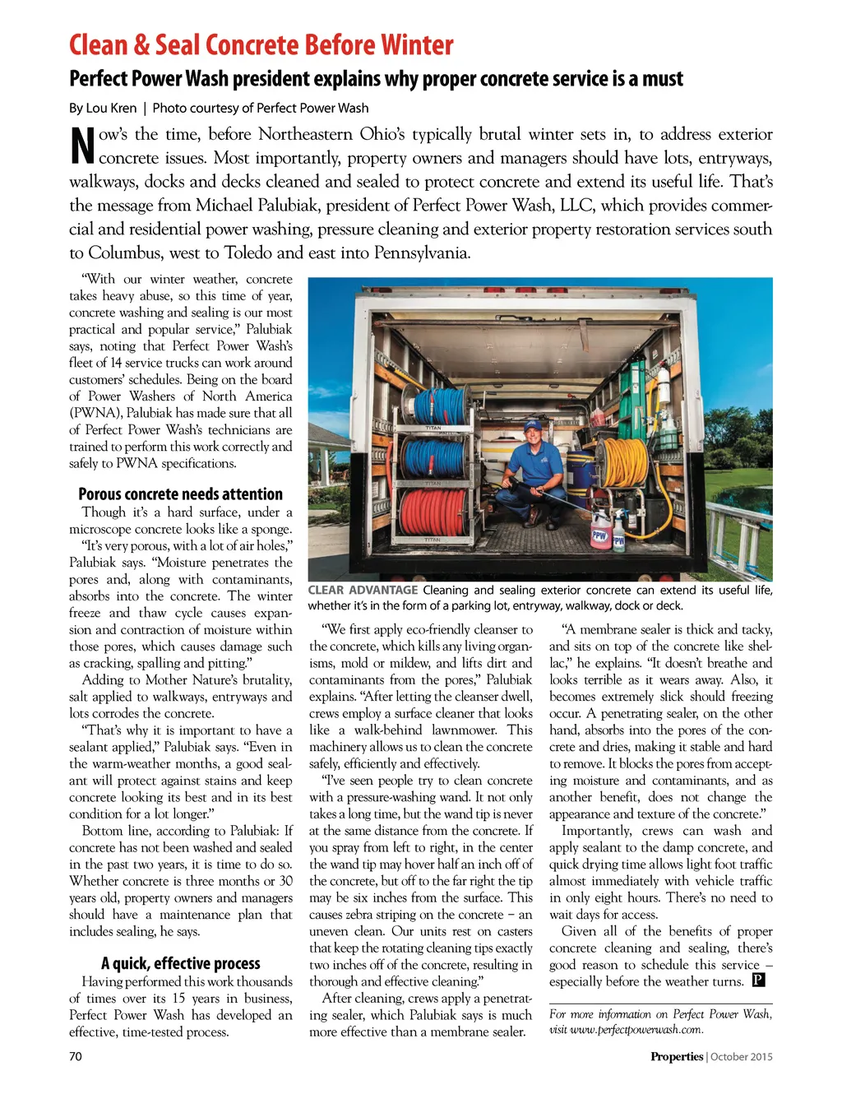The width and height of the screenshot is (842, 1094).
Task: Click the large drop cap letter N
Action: pyautogui.click(x=82, y=146)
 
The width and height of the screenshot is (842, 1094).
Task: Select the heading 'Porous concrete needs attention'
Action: pyautogui.click(x=180, y=494)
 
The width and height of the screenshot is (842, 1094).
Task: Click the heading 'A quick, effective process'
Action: pyautogui.click(x=180, y=963)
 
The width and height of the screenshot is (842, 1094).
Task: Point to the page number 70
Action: pyautogui.click(x=76, y=1056)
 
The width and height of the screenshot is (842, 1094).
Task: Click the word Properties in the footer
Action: pyautogui.click(x=677, y=1057)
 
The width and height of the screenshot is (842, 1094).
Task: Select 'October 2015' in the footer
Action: pyautogui.click(x=742, y=1057)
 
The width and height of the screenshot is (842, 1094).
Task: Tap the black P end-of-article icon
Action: pyautogui.click(x=758, y=980)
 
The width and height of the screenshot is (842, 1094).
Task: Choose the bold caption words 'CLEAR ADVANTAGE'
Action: pyautogui.click(x=363, y=590)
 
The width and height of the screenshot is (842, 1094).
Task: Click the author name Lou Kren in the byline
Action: pyautogui.click(x=112, y=108)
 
